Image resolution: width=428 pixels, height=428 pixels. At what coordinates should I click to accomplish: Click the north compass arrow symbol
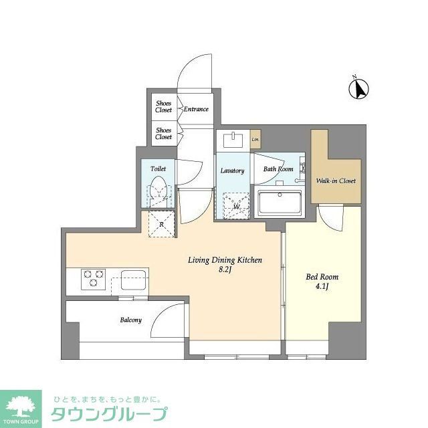(362, 88)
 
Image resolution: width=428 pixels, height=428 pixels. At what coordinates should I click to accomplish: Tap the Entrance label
(196, 109)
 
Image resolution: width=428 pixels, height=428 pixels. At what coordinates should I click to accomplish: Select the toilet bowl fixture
(158, 190)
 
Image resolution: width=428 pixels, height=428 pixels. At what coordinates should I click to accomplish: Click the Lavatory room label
(232, 171)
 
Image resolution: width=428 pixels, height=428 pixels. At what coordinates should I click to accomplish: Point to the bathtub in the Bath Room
(280, 201)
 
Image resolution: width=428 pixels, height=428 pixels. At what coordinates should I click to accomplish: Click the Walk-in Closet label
(336, 181)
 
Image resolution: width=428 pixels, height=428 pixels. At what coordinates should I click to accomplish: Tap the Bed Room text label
(322, 277)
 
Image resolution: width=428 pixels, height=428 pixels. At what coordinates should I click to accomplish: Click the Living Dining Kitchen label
(225, 260)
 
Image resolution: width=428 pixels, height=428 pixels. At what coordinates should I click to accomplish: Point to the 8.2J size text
(225, 272)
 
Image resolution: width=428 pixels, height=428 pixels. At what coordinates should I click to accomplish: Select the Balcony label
(130, 320)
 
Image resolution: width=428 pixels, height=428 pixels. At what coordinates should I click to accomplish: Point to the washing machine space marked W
(236, 206)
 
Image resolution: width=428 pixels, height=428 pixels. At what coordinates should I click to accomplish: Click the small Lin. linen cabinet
(255, 139)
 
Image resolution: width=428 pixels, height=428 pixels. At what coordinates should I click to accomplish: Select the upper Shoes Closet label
(164, 106)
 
